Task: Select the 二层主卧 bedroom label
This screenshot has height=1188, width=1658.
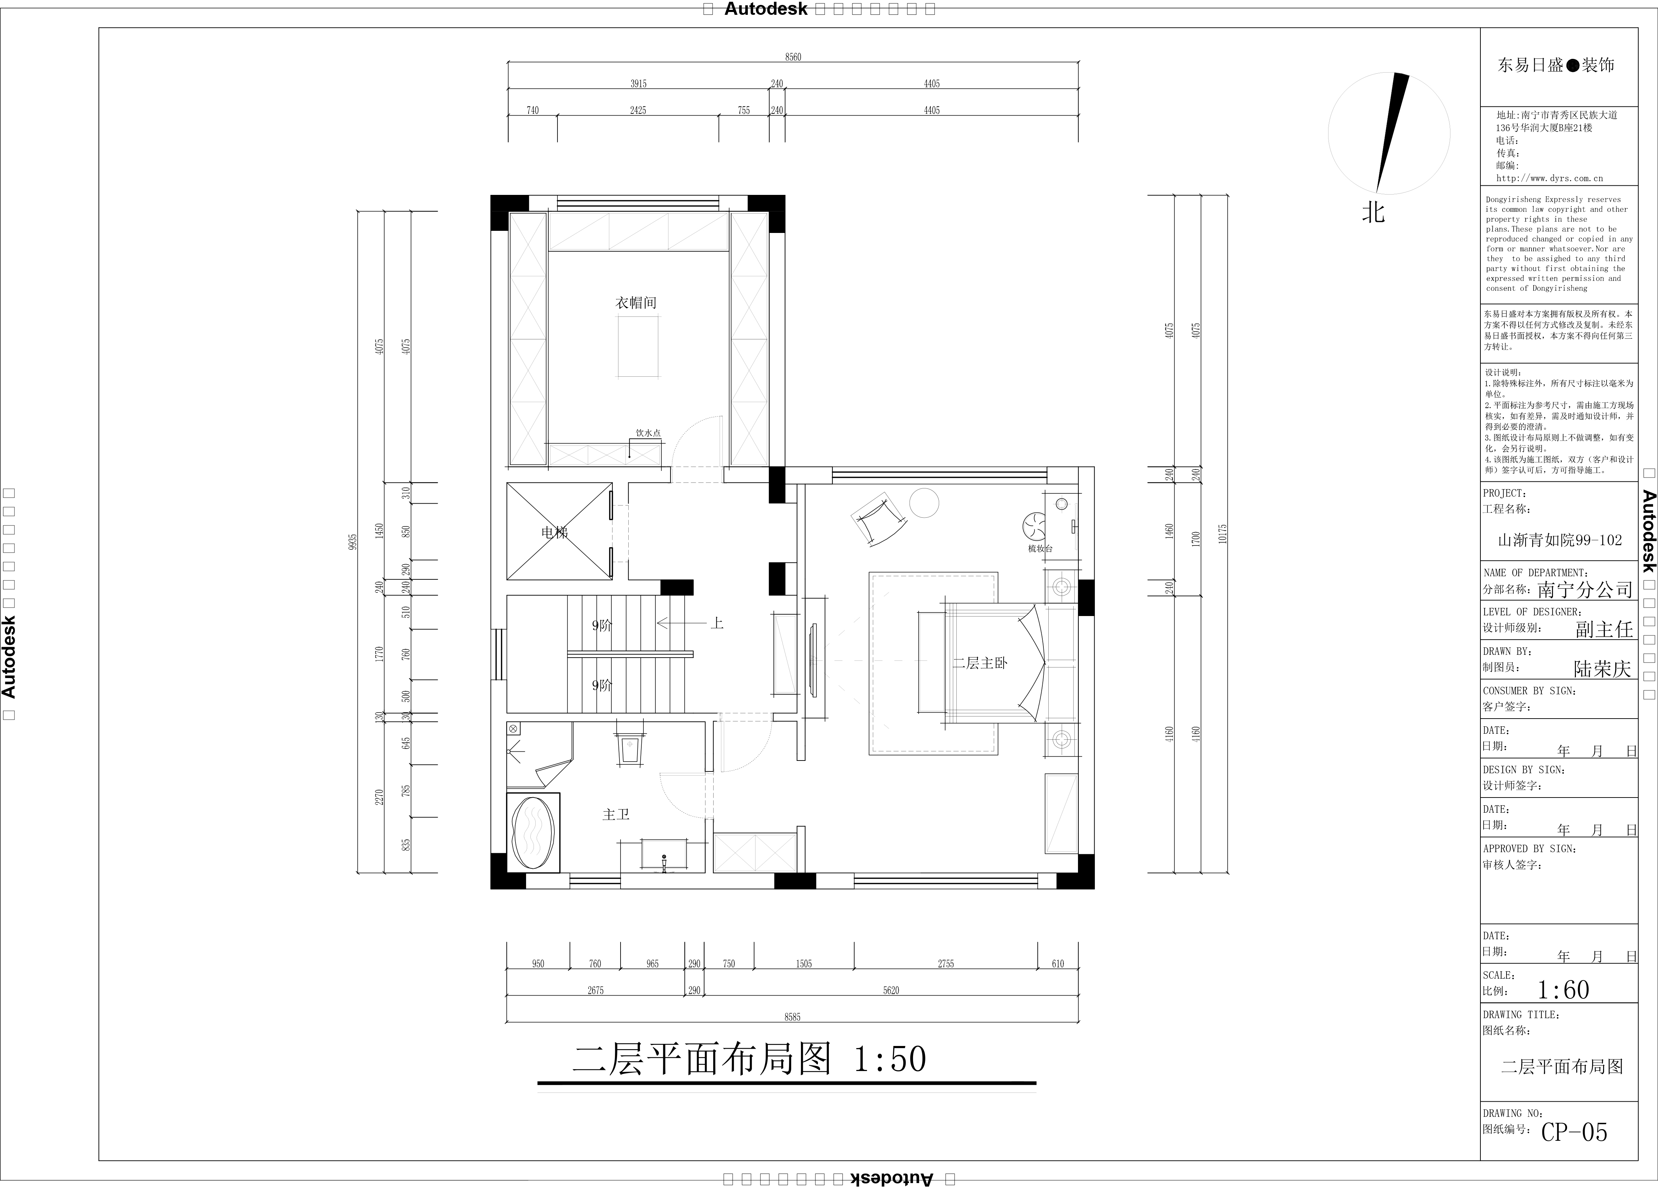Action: pos(980,663)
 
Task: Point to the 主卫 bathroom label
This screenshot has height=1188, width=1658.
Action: pos(616,814)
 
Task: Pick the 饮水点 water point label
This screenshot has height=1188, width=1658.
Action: pos(648,433)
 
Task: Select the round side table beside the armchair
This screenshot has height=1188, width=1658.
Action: pos(924,503)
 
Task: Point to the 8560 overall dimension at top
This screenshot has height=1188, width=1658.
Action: pos(793,57)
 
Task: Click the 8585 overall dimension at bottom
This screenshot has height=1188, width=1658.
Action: pos(793,1017)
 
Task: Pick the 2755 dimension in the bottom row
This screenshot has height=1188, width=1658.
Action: pos(946,964)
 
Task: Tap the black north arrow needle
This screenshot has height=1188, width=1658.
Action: pos(1391,131)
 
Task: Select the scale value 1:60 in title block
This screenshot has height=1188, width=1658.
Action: pos(1563,990)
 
